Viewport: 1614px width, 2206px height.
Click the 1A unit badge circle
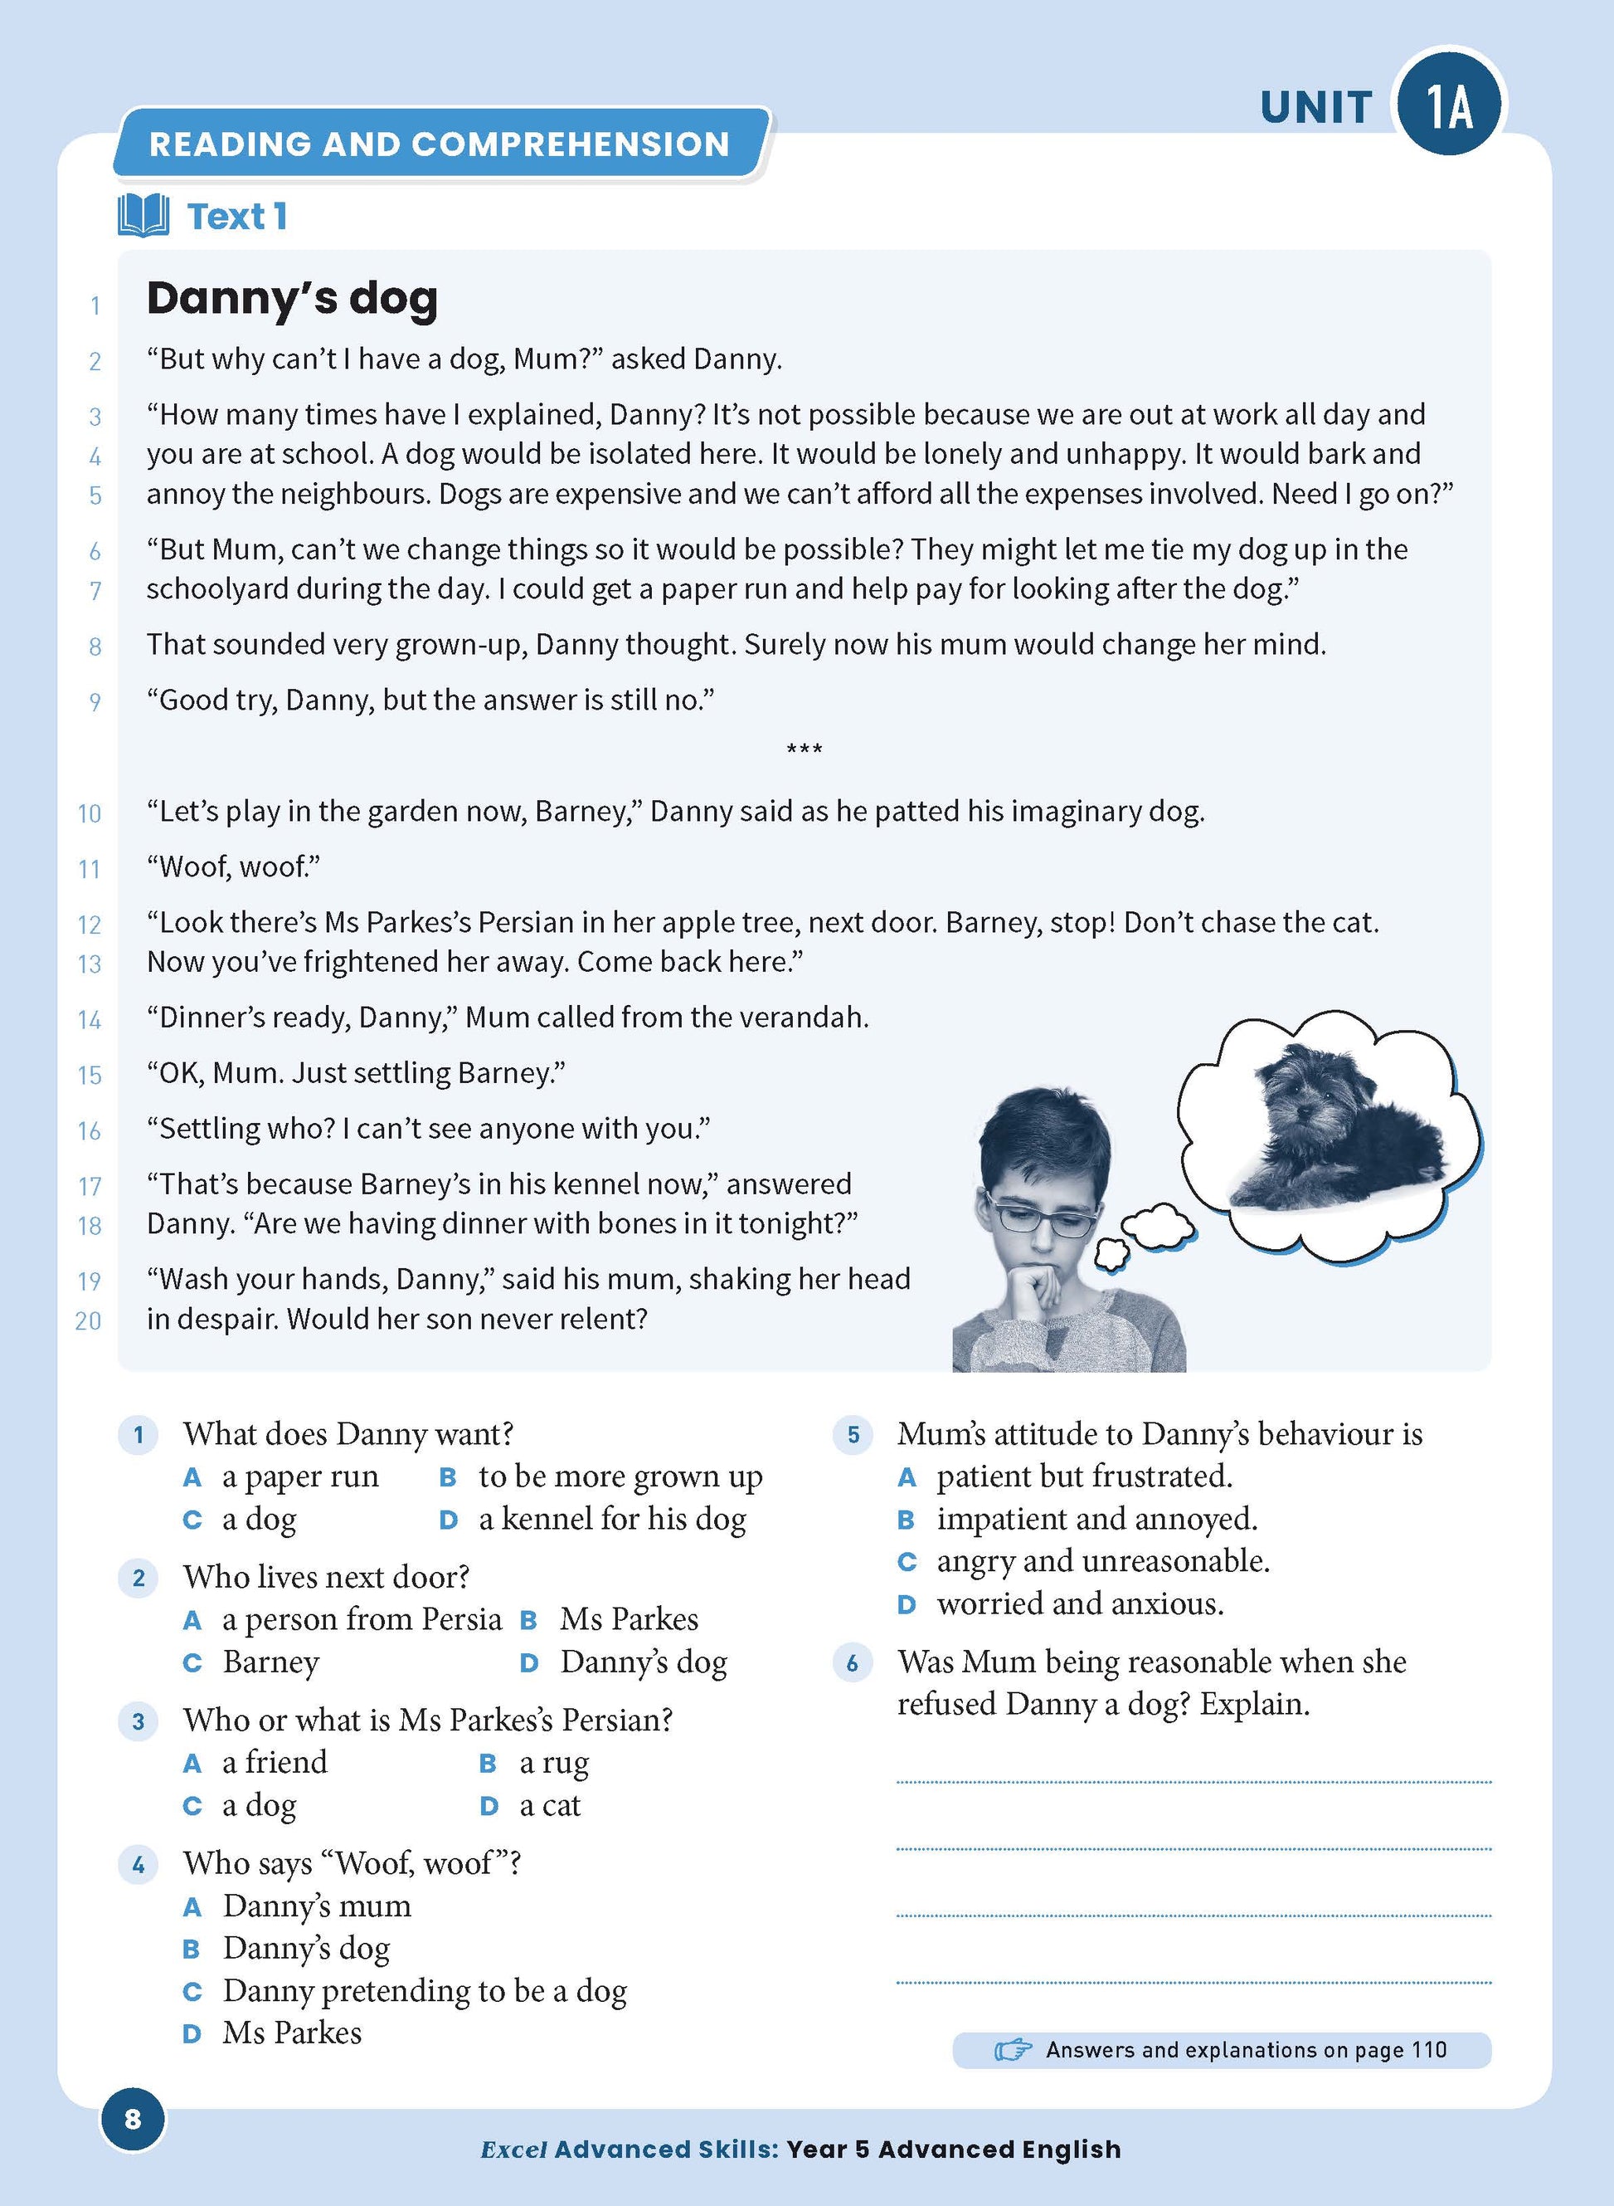coord(1450,105)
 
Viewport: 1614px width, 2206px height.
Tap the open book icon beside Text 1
coord(143,216)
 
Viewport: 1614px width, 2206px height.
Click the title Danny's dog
coord(291,299)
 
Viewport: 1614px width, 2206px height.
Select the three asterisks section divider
coord(804,750)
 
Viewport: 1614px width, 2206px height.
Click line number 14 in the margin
coord(90,1020)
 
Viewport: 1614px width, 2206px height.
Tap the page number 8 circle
coord(133,2118)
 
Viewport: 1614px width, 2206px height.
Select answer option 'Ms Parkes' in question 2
coord(628,1619)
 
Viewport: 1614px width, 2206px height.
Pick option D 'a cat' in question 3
coord(549,1805)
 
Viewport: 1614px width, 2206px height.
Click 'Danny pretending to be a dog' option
coord(424,1991)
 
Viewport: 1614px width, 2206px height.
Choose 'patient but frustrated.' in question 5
coord(1083,1476)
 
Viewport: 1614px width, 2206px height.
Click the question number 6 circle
coord(853,1663)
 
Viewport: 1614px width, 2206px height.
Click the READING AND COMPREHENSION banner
coord(439,144)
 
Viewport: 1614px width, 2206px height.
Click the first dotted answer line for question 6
coord(1193,1782)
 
